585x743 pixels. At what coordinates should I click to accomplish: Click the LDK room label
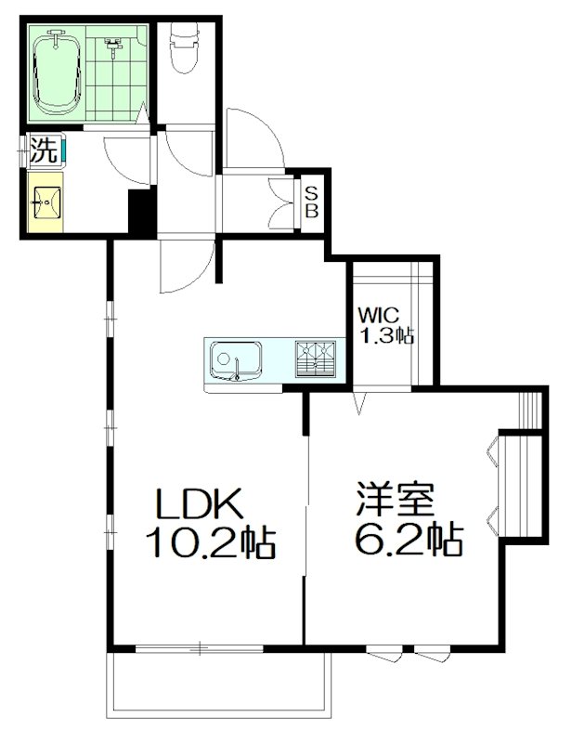coord(199,503)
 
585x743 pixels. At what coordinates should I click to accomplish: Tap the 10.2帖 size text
coord(209,541)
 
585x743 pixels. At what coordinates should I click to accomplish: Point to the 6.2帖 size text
coord(409,540)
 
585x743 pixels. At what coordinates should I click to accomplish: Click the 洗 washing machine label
coord(42,150)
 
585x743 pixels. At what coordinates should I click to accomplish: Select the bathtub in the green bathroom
coord(58,72)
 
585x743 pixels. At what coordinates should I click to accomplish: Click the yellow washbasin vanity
coord(45,201)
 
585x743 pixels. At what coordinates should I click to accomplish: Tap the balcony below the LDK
coord(219,687)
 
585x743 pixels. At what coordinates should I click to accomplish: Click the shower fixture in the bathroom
coord(113,44)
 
